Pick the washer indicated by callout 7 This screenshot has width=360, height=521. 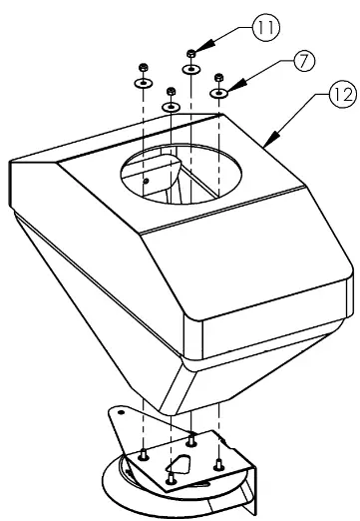(x=219, y=93)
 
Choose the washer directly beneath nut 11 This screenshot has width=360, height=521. (x=189, y=69)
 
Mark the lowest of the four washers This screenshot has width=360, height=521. (x=171, y=106)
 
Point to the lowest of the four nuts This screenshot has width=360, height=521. (x=171, y=91)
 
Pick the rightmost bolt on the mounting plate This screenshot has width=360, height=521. (x=218, y=463)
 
